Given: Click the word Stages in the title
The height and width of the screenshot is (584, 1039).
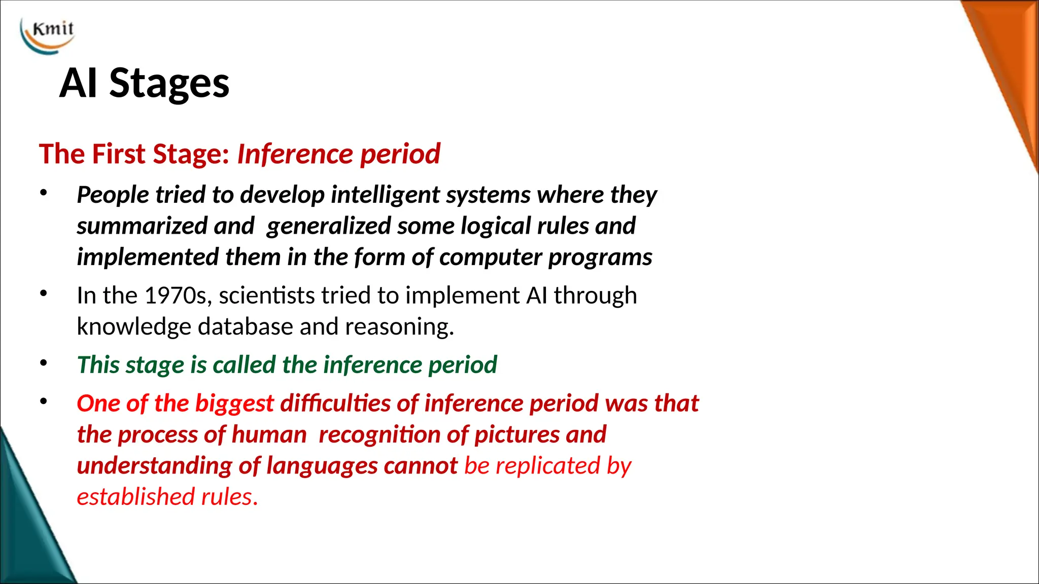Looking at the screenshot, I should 169,83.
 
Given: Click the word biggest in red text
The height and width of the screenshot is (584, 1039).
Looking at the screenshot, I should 234,404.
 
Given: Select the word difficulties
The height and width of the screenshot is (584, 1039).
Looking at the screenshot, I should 335,404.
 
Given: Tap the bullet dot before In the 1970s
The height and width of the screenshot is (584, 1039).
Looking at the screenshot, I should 44,293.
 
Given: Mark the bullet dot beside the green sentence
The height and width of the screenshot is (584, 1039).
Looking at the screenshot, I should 44,362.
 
